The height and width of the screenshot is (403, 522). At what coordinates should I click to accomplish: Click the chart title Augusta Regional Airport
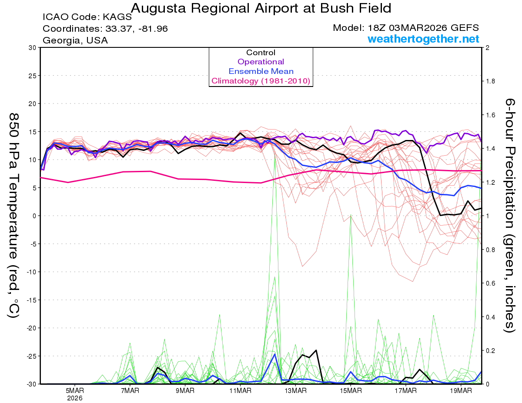261,8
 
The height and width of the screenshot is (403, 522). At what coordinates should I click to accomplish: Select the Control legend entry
261,53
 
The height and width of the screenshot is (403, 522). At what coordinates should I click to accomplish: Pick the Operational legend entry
261,62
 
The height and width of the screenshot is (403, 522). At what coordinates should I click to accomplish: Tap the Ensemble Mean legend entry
261,71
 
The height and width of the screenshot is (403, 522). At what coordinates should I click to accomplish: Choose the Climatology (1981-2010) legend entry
261,81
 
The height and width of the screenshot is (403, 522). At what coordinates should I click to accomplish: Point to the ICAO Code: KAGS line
87,17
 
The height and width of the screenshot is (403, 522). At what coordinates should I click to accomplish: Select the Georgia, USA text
75,40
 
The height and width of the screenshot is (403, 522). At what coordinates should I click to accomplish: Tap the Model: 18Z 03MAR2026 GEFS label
406,28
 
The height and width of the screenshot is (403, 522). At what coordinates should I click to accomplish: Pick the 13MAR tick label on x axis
295,390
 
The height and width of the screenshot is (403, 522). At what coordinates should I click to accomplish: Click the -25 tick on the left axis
31,356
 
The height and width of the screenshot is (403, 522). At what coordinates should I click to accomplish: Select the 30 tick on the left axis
33,47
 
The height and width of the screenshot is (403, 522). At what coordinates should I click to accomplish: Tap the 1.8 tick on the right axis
490,81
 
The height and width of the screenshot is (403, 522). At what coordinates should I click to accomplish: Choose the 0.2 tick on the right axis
490,350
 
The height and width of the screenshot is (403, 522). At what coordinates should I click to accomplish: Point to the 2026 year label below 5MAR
75,398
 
